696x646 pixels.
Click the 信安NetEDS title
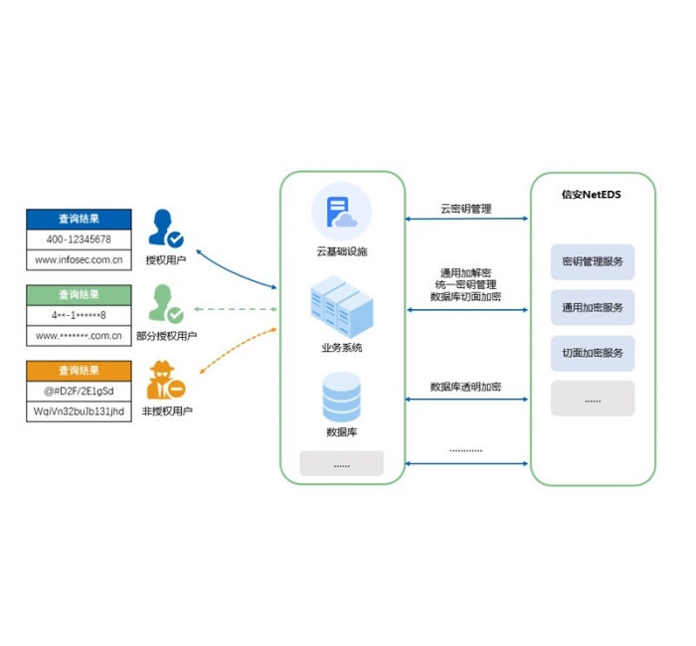[592, 194]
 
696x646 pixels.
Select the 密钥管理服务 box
[593, 262]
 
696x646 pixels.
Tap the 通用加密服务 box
[593, 308]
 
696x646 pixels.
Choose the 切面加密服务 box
[593, 353]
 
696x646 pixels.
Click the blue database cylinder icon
[341, 395]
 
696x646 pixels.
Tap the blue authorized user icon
[164, 228]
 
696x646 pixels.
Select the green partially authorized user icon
[164, 304]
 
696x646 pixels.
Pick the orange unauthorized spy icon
[164, 382]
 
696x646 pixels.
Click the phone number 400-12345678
[79, 240]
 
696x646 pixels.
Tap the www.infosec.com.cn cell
[79, 260]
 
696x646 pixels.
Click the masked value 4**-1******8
[79, 315]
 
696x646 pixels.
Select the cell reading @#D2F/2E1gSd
[79, 391]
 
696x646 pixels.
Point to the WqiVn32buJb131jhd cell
[79, 410]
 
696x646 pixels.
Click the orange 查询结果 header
[79, 371]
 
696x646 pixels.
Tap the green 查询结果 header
[79, 295]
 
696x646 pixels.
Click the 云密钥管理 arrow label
[466, 210]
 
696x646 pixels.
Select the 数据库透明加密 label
[465, 387]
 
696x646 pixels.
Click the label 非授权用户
[167, 410]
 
